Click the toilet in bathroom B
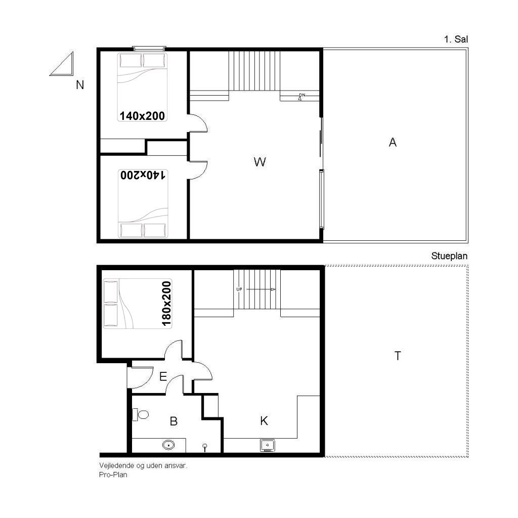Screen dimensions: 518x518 [141, 414]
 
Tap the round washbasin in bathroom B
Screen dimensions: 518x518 [168, 445]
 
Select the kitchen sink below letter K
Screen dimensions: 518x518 [267, 445]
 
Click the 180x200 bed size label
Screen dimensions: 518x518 [166, 304]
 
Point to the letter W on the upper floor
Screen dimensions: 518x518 [260, 162]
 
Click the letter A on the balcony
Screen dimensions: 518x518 [393, 142]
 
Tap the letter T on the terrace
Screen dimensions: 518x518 [398, 356]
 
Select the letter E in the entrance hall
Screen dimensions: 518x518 [163, 376]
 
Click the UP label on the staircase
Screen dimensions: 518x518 [239, 289]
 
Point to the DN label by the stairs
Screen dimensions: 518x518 [302, 95]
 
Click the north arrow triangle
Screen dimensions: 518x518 [62, 64]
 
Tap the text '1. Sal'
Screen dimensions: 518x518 [456, 39]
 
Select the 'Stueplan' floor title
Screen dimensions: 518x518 [449, 256]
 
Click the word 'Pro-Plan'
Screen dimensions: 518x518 [113, 474]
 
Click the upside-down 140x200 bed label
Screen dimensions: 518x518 [143, 175]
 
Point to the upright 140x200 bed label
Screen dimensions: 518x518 [142, 116]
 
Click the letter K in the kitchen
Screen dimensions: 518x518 [264, 421]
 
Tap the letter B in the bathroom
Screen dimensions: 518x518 [174, 421]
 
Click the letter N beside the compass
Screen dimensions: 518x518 [80, 85]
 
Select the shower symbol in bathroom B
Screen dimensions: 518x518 [205, 448]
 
